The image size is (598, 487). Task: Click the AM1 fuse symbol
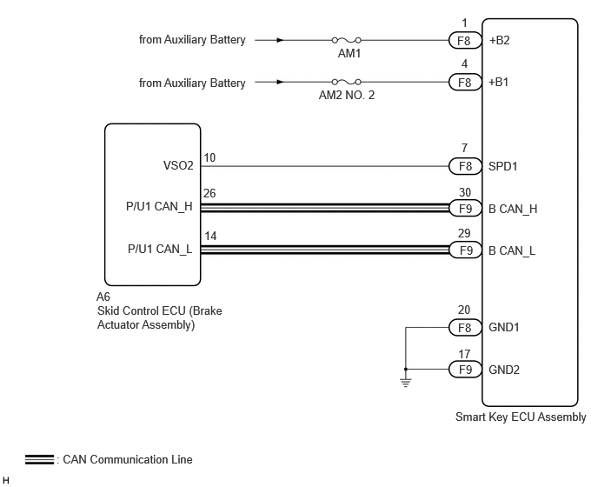click(x=346, y=40)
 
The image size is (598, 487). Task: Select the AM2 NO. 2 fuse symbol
click(x=346, y=82)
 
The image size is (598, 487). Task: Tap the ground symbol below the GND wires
click(x=406, y=383)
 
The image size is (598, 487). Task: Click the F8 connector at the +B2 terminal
click(x=465, y=40)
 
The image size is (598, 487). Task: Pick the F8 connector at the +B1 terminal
click(x=465, y=82)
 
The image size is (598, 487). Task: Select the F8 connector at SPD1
click(x=465, y=166)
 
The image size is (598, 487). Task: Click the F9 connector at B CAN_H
click(x=465, y=209)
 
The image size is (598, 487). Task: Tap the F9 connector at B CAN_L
click(x=465, y=250)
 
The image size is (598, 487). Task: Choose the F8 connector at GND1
click(x=465, y=328)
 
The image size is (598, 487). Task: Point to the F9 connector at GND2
click(x=465, y=370)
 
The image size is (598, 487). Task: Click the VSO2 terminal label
click(x=178, y=165)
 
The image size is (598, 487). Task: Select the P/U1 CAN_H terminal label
click(x=159, y=207)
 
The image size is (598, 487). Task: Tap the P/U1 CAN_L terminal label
click(x=160, y=250)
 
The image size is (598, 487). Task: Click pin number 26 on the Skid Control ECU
click(x=209, y=193)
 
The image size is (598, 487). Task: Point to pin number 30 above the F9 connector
click(x=465, y=192)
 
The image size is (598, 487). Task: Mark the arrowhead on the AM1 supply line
click(x=280, y=40)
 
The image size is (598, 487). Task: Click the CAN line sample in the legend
click(x=39, y=459)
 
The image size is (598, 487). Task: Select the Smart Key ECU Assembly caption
click(x=521, y=417)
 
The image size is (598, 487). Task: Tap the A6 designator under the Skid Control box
click(x=103, y=297)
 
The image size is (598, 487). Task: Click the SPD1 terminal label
click(x=503, y=166)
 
